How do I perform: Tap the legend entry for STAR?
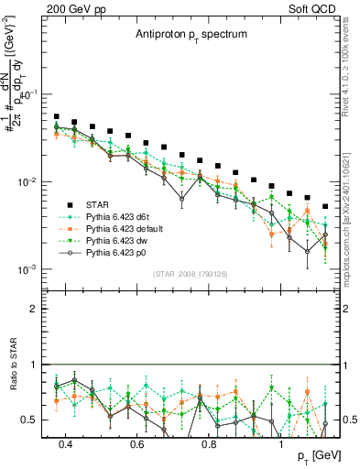pyautogui.click(x=100, y=203)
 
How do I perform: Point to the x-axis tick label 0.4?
pyautogui.click(x=66, y=444)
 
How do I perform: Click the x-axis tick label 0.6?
pyautogui.click(x=137, y=444)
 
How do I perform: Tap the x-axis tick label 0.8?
pyautogui.click(x=210, y=444)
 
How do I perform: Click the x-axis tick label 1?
pyautogui.click(x=281, y=444)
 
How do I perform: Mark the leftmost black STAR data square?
pyautogui.click(x=57, y=117)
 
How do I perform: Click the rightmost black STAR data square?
pyautogui.click(x=325, y=207)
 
